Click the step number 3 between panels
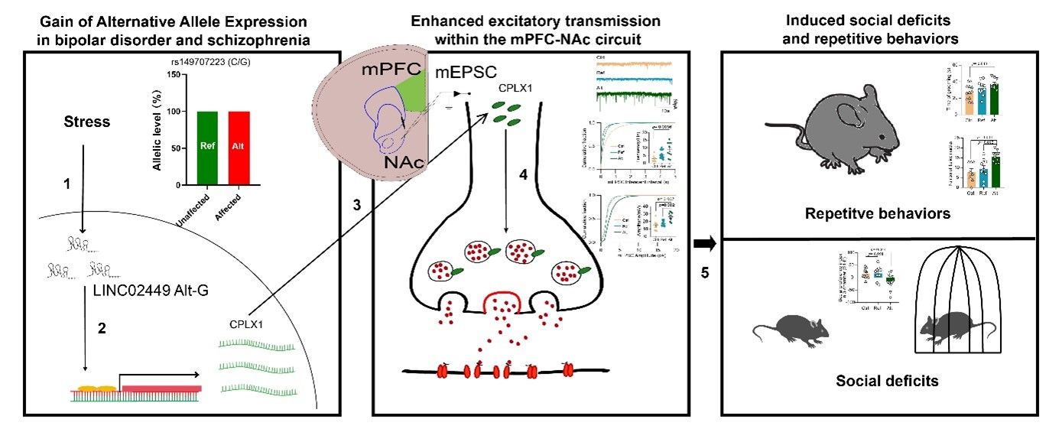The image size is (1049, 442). (x=356, y=205)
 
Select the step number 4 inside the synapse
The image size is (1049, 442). (x=523, y=174)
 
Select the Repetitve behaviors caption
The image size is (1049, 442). (x=878, y=213)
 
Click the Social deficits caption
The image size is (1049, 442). (x=876, y=380)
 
